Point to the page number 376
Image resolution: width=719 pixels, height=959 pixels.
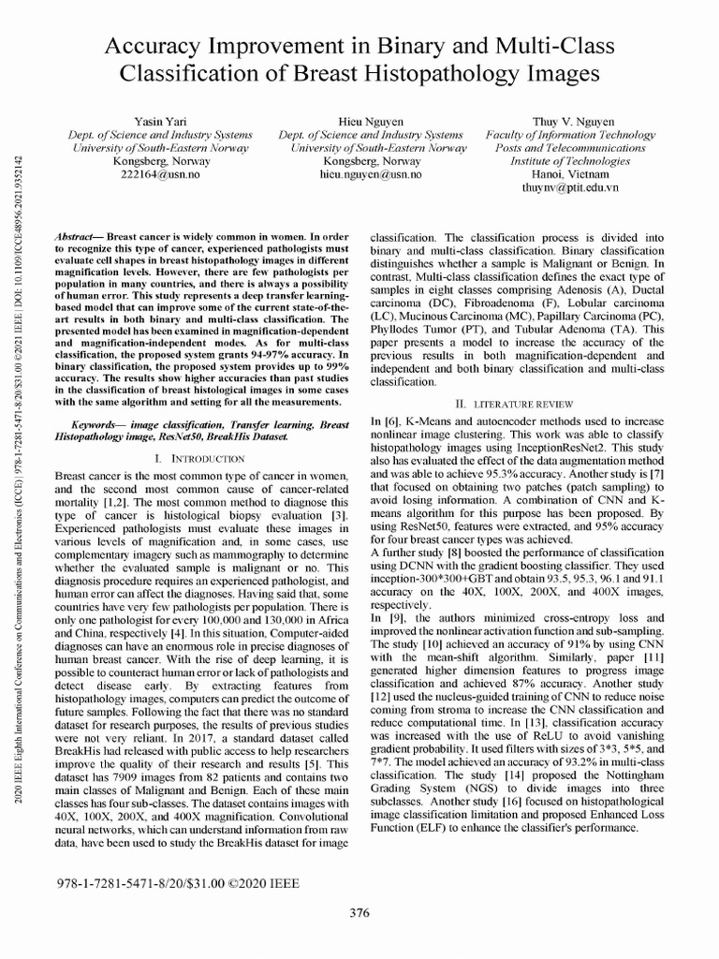359,913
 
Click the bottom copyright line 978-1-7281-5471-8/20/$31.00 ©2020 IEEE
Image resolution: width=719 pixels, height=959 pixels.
182,882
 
